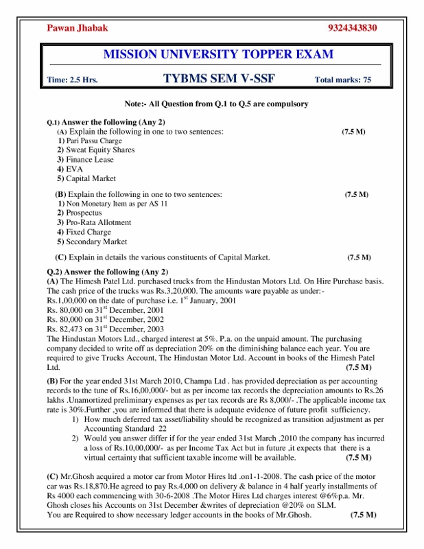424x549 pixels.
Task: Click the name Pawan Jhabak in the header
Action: (x=78, y=28)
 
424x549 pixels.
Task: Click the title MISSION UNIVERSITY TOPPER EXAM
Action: (x=218, y=54)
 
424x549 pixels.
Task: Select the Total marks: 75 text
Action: (x=342, y=80)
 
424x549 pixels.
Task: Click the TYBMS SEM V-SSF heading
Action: (x=219, y=78)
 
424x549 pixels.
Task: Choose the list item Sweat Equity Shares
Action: (x=100, y=150)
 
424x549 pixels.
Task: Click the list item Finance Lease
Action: (x=90, y=159)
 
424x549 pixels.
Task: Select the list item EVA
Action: (x=74, y=169)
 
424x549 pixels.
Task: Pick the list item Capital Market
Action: (x=91, y=178)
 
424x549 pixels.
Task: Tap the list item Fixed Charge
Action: (x=89, y=233)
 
